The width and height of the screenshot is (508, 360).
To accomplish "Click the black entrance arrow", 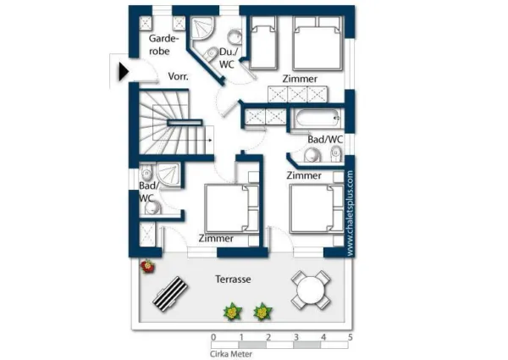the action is pos(124,72).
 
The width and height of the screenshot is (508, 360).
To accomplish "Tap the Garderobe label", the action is pos(163,45).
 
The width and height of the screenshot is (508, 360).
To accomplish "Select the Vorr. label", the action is pos(178,76).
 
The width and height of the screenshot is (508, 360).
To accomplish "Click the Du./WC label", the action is pos(229,58).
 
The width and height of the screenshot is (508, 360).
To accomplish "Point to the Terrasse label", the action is pos(233,279).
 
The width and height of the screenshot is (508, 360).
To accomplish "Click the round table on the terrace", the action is pos(311,290).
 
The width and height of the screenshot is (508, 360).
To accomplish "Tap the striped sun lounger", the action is pos(170,294).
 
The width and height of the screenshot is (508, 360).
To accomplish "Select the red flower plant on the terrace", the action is pos(147,266).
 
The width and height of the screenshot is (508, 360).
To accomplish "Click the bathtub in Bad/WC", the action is pos(317,119).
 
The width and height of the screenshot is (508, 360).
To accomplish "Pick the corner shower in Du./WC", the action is pos(202,29).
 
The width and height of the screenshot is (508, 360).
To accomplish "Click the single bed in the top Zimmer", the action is pos(263,43).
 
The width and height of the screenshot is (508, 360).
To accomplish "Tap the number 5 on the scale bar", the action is pos(351,337).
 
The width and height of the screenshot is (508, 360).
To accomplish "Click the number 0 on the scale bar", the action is pos(213,337).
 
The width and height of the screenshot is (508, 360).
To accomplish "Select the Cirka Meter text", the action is pos(231,354).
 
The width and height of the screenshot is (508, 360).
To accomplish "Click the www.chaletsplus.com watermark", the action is pos(350,213).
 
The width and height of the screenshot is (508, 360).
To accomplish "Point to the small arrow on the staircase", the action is pos(210,141).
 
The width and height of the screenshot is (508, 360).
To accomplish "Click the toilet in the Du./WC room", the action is pos(211,53).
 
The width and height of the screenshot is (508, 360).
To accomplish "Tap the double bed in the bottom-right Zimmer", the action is pos(317,208).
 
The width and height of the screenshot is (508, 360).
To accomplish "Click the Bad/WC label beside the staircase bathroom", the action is pos(146,191).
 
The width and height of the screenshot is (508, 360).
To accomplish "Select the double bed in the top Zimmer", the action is pos(317,43).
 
